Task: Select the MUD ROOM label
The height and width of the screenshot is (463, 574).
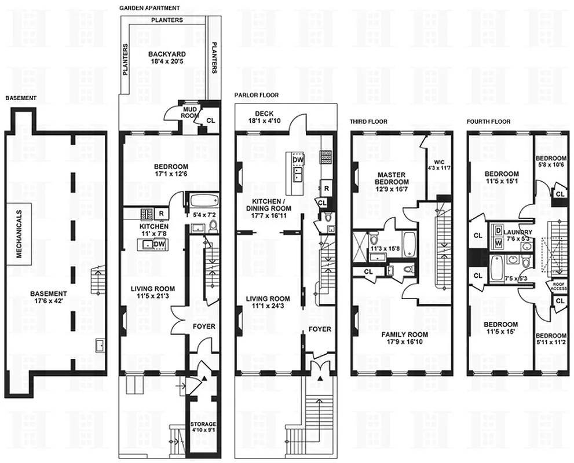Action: point(191,111)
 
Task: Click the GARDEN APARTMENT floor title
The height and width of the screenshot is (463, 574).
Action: point(149,8)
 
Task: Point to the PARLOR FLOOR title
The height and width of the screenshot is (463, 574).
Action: point(255,94)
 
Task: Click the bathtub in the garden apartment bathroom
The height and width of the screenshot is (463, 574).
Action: point(202,202)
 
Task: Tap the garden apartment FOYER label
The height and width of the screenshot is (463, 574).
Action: point(203,326)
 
